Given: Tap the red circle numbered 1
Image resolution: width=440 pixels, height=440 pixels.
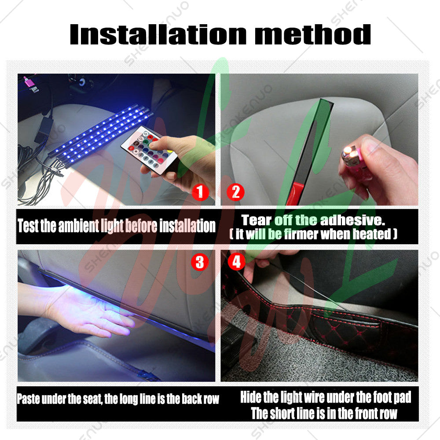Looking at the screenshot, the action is pos(200,192).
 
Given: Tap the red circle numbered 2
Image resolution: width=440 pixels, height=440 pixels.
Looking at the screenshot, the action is pos(235,192).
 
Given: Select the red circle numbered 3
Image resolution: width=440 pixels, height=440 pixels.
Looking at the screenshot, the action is pos(199,262).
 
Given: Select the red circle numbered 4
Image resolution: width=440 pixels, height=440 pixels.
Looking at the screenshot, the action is pos(237,262).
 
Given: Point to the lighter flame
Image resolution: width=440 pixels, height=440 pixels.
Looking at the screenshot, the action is pos(348,150).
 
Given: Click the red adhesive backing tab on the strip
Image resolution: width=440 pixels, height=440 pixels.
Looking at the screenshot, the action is pos(293,194).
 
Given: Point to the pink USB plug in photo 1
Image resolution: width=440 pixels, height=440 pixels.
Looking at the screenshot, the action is pos(29,82).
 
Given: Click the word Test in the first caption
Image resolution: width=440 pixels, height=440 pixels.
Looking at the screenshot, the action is pos(28,226).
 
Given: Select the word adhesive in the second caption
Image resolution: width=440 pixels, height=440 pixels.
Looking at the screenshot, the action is pos(352,220).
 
